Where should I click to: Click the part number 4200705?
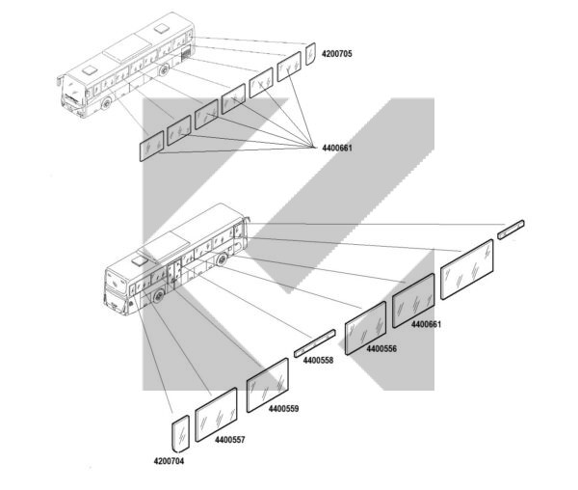[337, 54]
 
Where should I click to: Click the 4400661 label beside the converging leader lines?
[337, 148]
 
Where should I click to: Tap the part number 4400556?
[381, 348]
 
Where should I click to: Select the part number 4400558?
[318, 360]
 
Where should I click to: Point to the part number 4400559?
[283, 408]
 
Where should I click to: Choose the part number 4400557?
[230, 440]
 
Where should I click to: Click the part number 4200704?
[169, 461]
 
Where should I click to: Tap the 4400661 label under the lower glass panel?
[426, 324]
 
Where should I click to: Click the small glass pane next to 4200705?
[310, 54]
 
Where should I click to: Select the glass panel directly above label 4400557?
[216, 415]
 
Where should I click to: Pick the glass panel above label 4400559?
[268, 385]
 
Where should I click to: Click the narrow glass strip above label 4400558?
[315, 343]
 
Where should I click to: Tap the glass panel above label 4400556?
[366, 328]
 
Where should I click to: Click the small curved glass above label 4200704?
[181, 434]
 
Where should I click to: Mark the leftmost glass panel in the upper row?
[151, 146]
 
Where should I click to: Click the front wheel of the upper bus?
[107, 103]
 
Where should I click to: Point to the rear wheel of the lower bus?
[222, 259]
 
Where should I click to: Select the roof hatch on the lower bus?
[140, 260]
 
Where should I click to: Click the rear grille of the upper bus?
[187, 53]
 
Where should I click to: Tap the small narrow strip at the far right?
[511, 230]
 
